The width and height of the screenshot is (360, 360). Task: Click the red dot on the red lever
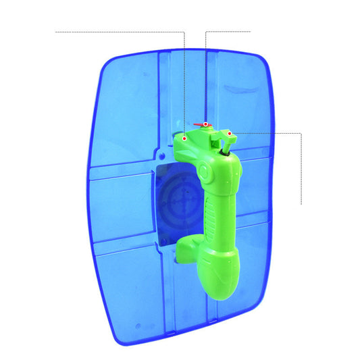coord(206,124)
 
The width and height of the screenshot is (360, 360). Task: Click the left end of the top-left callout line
coord(55,31)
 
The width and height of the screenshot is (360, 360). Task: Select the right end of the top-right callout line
coord(250,31)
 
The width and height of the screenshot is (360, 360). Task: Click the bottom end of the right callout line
coord(301,203)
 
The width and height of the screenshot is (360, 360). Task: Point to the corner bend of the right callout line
coord(301,133)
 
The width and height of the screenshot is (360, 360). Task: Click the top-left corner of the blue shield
coord(108,57)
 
